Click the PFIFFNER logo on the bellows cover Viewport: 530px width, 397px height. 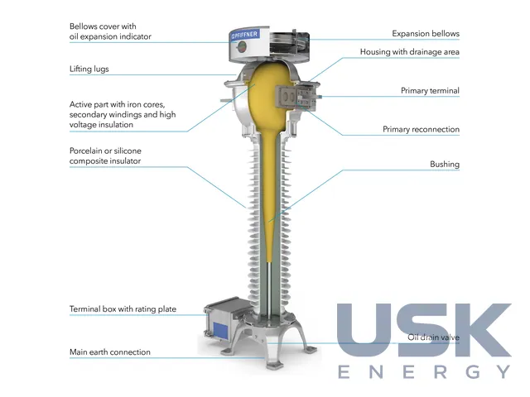click(x=245, y=35)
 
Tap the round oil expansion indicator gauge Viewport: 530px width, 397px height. click(x=242, y=47)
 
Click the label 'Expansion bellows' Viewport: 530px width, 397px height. click(x=426, y=34)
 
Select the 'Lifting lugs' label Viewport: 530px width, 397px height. click(x=89, y=69)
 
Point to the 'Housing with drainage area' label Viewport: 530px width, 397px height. click(x=409, y=52)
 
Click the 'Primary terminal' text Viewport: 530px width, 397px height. click(x=430, y=90)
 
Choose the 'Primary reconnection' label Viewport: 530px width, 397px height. click(x=421, y=129)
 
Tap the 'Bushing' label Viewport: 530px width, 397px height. click(x=445, y=165)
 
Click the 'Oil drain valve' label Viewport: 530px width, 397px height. click(x=433, y=337)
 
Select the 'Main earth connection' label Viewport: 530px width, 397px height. click(x=110, y=352)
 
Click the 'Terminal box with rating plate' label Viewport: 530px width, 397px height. click(x=123, y=309)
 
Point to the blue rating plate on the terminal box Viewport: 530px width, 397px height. click(x=221, y=331)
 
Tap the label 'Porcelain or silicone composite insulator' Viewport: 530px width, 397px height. click(x=105, y=155)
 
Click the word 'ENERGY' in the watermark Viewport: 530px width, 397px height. click(x=424, y=371)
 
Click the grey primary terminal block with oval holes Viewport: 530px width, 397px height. click(x=287, y=97)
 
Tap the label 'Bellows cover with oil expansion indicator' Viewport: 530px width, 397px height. click(x=110, y=31)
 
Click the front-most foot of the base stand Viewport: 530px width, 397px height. click(x=275, y=364)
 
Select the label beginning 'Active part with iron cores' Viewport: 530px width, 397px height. click(x=123, y=114)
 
